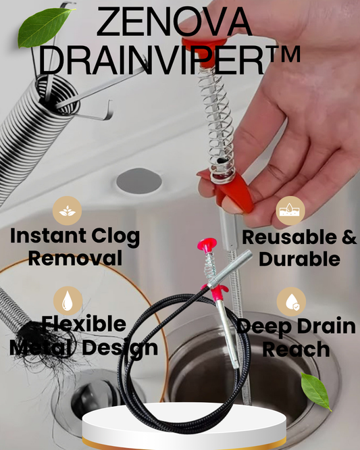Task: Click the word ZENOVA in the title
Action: pyautogui.click(x=174, y=24)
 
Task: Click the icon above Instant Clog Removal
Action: pyautogui.click(x=67, y=210)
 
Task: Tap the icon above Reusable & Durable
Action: pyautogui.click(x=291, y=210)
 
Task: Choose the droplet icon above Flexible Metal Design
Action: pyautogui.click(x=68, y=301)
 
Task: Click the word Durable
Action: pyautogui.click(x=299, y=259)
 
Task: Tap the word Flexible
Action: pyautogui.click(x=83, y=324)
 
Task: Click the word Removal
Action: pyautogui.click(x=67, y=258)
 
